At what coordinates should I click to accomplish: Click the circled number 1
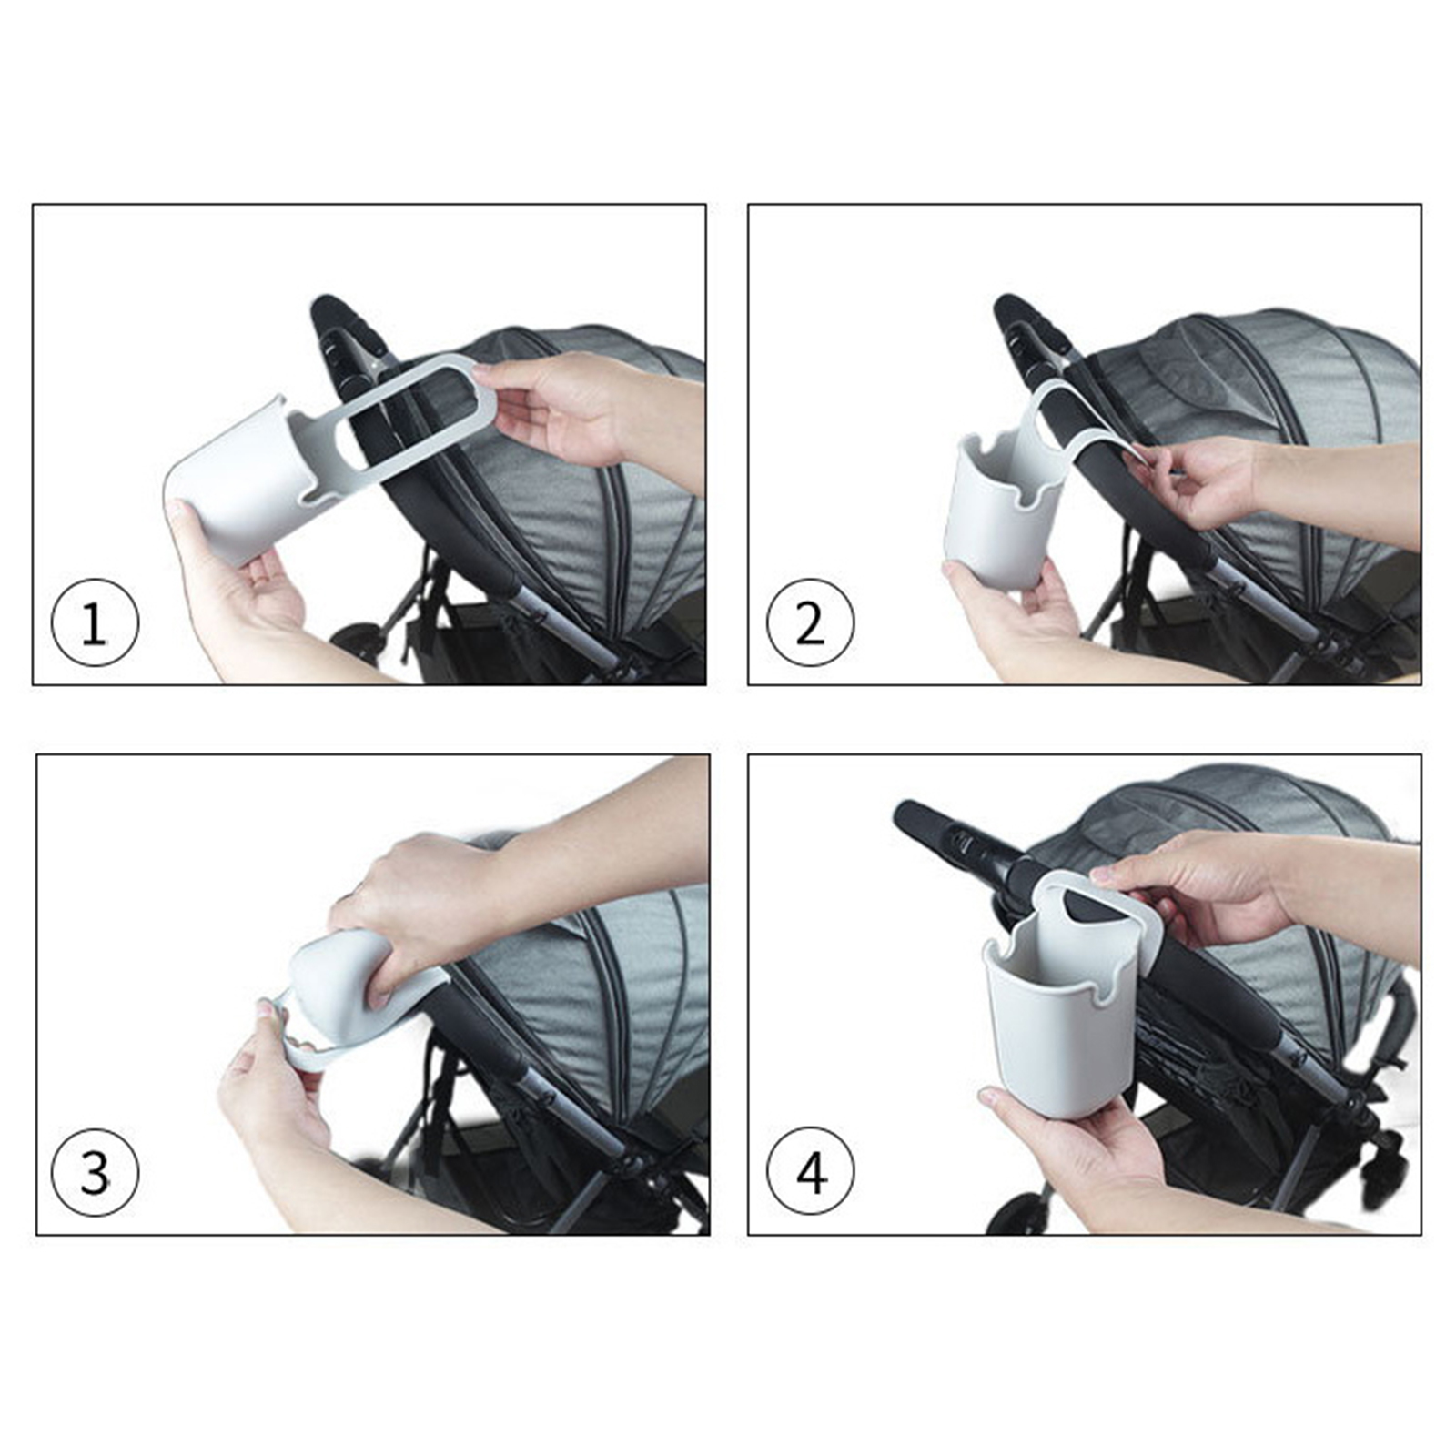[95, 623]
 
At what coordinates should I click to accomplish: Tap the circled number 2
[810, 623]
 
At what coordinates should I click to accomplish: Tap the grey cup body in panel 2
[996, 514]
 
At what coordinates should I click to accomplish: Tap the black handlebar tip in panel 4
[910, 815]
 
